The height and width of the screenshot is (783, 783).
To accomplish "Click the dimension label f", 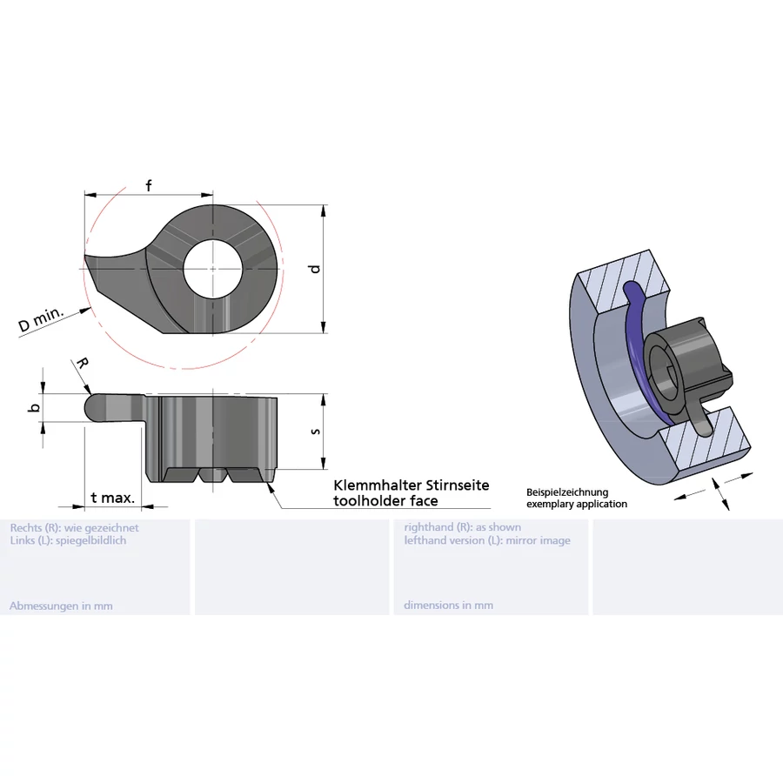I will click(149, 185).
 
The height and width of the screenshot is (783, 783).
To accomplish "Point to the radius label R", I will click(81, 363).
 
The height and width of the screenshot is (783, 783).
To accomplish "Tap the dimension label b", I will click(34, 407).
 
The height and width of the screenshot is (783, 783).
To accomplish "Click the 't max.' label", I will click(112, 499).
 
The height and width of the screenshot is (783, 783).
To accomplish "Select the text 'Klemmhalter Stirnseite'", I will click(412, 485).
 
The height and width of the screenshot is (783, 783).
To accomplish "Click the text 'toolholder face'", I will click(385, 501).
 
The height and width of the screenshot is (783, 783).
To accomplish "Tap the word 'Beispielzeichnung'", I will click(567, 492).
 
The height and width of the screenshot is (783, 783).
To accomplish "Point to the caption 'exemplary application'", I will click(577, 504).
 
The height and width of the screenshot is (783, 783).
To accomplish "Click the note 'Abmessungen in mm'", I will click(61, 606).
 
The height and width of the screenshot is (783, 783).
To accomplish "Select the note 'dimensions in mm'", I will click(448, 606).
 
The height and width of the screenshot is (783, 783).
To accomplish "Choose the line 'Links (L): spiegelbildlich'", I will click(68, 540).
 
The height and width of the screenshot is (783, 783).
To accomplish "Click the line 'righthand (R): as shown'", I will click(463, 527).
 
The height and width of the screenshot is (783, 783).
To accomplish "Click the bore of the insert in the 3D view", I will click(664, 374).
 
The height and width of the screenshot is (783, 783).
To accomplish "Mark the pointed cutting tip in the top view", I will click(86, 258).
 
